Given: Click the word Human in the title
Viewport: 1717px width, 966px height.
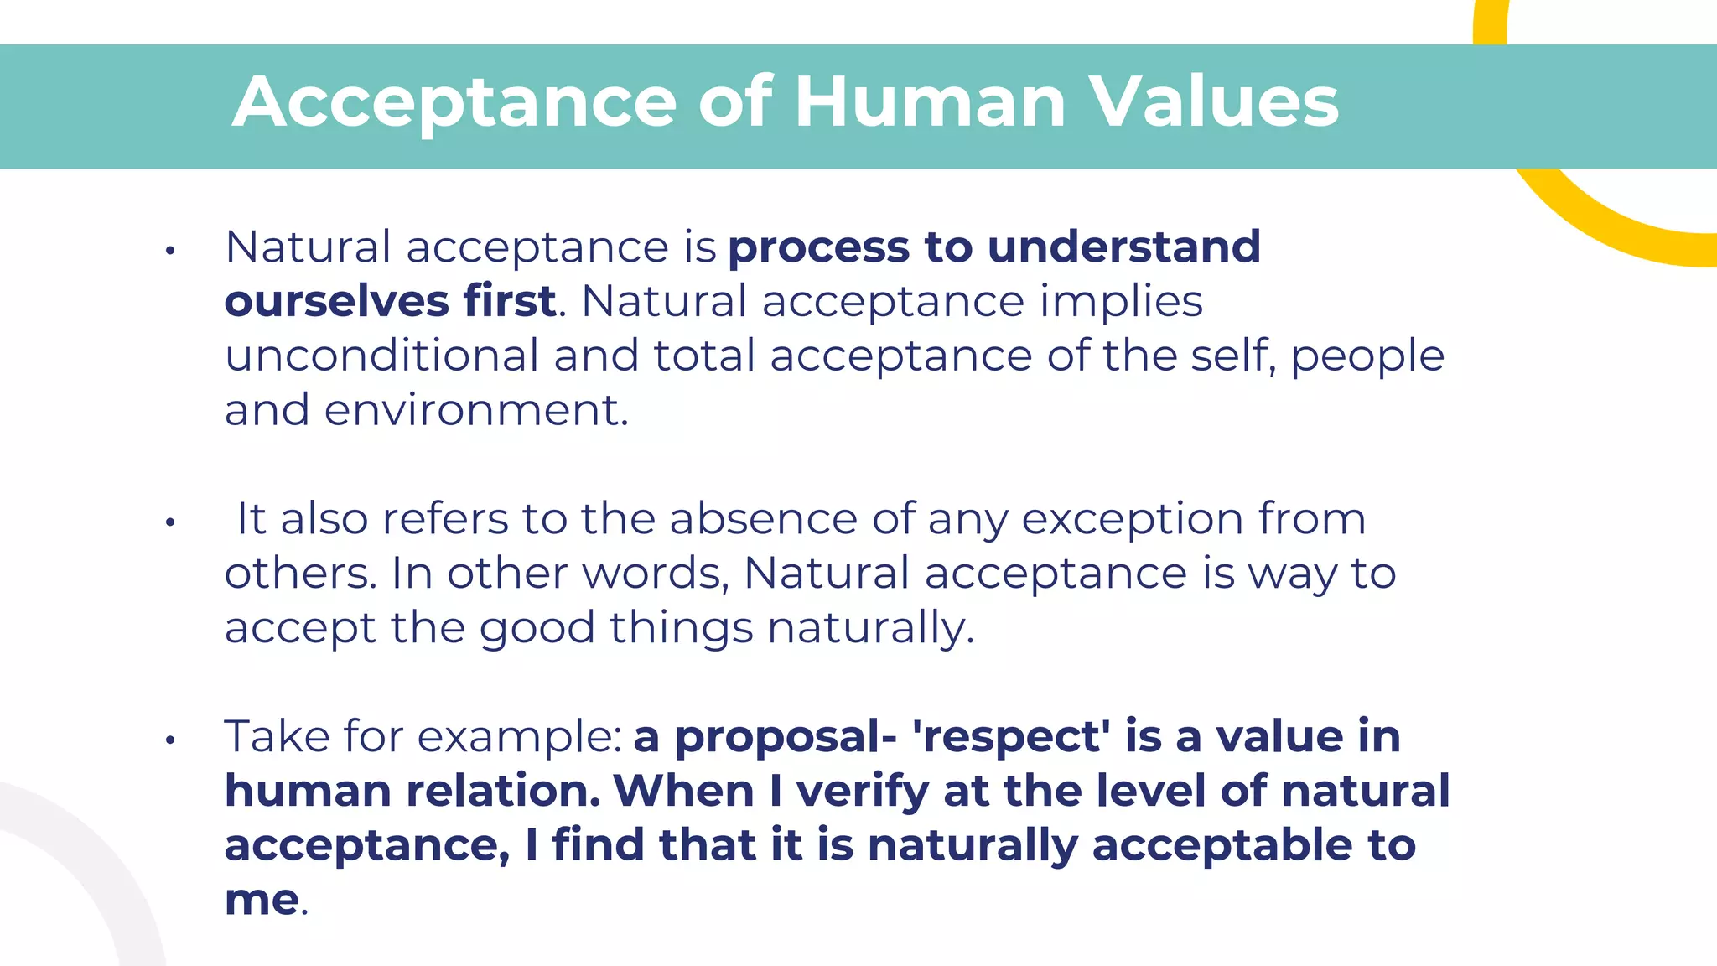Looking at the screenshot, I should pos(930,102).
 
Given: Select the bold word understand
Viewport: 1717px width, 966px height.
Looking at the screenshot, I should pos(1123,247).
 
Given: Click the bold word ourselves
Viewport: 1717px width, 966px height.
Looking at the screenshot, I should pos(336,301).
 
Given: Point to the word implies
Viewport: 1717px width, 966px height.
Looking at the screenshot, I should pos(1121,303).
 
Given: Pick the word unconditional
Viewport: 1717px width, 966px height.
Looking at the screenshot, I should pos(381,356).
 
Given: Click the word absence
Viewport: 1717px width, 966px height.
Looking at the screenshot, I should pos(763,519).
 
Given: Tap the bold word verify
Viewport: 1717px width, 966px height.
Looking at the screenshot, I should pos(863,793).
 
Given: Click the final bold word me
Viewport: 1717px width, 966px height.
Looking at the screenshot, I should pos(261,900).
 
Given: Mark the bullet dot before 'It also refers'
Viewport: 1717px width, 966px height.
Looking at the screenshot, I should pos(170,522).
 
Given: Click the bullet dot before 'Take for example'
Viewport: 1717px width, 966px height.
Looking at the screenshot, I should pos(170,740).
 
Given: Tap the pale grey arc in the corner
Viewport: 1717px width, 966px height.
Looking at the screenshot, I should pos(84,864).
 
